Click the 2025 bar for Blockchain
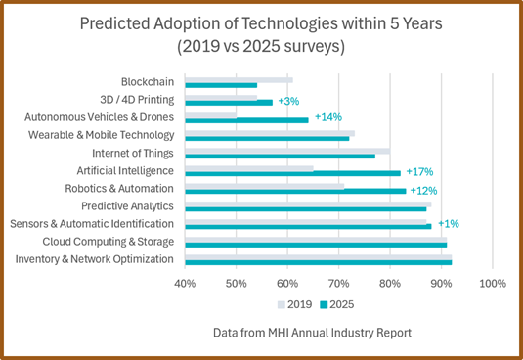221,85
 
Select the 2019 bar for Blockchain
239,79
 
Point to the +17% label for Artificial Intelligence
420,171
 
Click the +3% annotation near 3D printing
288,101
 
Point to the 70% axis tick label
338,284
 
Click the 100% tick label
492,284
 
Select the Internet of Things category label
132,153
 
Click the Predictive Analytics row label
127,205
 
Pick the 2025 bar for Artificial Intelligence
292,173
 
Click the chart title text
262,35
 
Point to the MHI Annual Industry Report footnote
312,333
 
